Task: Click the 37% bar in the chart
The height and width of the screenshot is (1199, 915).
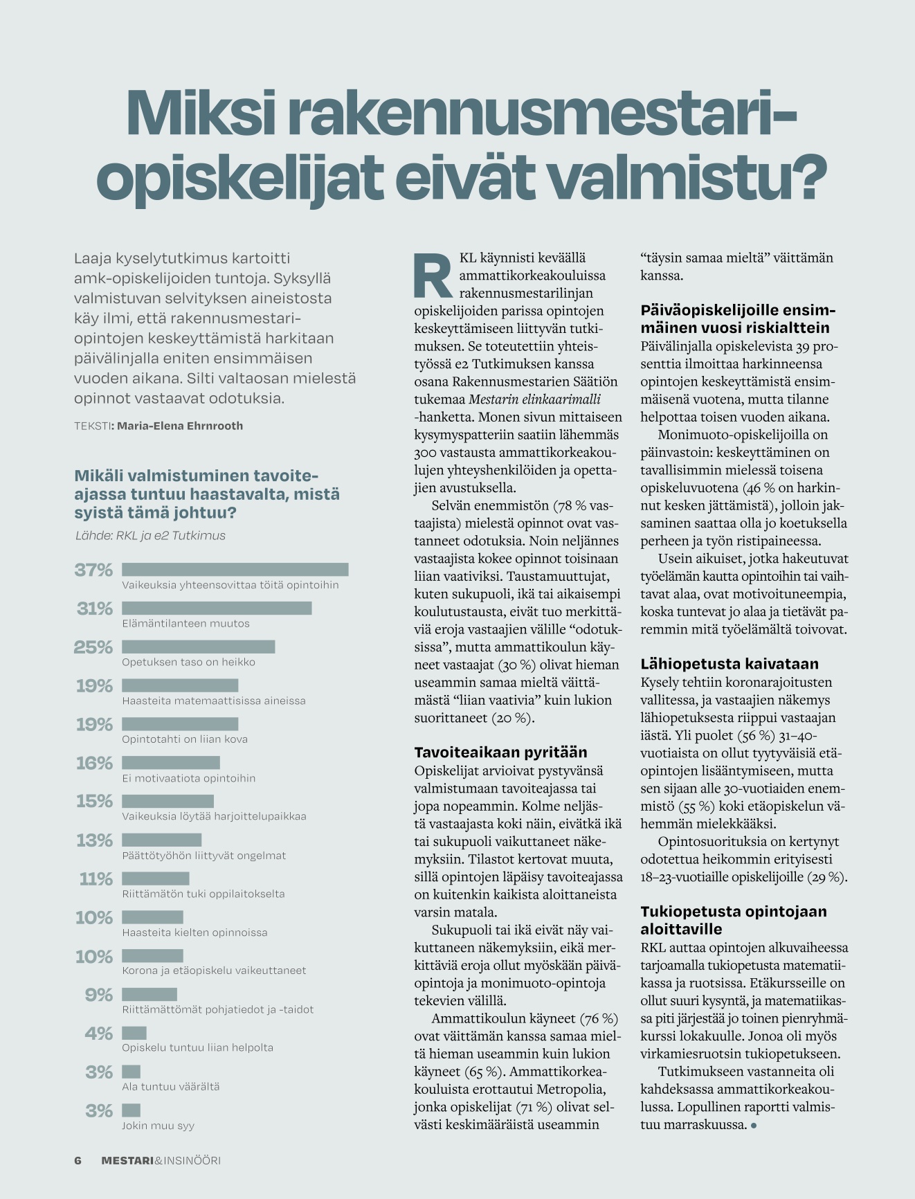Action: (235, 570)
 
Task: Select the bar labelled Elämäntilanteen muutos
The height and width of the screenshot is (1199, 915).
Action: (217, 608)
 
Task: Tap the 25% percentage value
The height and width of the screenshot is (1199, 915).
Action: (93, 647)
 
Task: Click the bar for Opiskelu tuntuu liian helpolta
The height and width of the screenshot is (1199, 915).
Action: (134, 1034)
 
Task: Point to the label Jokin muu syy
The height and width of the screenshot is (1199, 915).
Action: (158, 1126)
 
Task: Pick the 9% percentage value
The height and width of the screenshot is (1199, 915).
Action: (99, 995)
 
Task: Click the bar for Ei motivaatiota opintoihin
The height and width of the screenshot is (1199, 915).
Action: (171, 763)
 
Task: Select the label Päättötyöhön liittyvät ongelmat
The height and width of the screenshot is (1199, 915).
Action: (204, 856)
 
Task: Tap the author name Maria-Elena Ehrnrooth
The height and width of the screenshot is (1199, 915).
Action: (180, 426)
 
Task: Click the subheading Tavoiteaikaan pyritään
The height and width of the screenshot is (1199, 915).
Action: (500, 752)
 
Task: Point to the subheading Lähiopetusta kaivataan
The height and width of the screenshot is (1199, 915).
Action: (730, 664)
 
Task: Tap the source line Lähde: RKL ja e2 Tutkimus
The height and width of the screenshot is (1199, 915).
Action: (150, 536)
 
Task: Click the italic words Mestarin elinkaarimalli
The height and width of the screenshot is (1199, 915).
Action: (534, 399)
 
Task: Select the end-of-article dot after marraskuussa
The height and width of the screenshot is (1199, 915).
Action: (754, 1126)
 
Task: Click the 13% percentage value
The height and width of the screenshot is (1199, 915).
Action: (95, 840)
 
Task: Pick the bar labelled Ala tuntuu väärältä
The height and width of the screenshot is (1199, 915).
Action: (132, 1072)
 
